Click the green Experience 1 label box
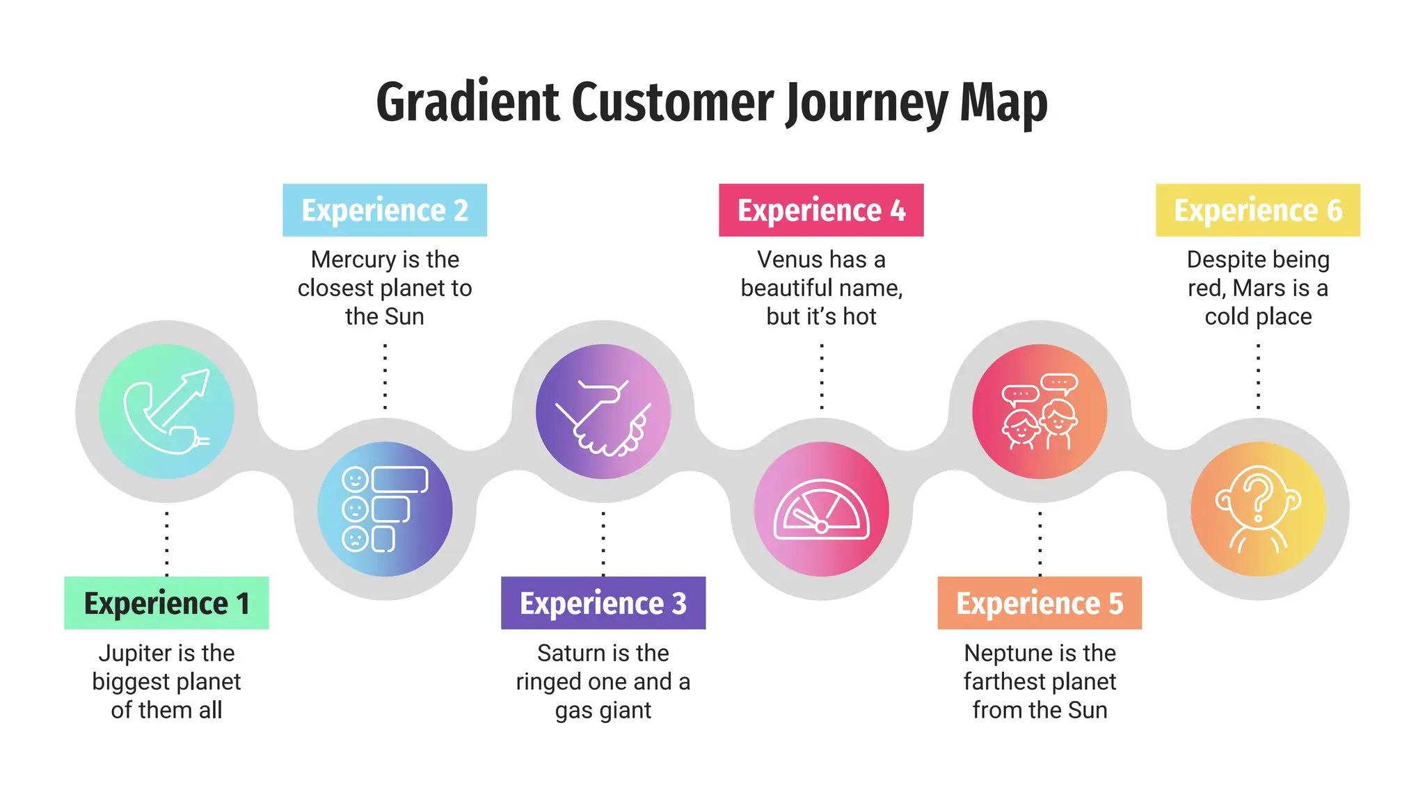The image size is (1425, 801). [x=166, y=603]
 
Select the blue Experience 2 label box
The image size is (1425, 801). [x=385, y=210]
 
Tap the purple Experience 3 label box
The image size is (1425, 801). [x=603, y=603]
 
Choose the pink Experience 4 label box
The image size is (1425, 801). [x=821, y=210]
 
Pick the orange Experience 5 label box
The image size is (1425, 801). [x=1040, y=603]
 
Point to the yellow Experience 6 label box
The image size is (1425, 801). [x=1258, y=210]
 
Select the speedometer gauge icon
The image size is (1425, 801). [x=822, y=510]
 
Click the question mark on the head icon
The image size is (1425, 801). [x=1257, y=494]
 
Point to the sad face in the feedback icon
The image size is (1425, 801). [x=355, y=539]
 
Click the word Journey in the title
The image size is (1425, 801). [x=866, y=103]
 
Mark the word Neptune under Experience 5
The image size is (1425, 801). [x=999, y=654]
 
